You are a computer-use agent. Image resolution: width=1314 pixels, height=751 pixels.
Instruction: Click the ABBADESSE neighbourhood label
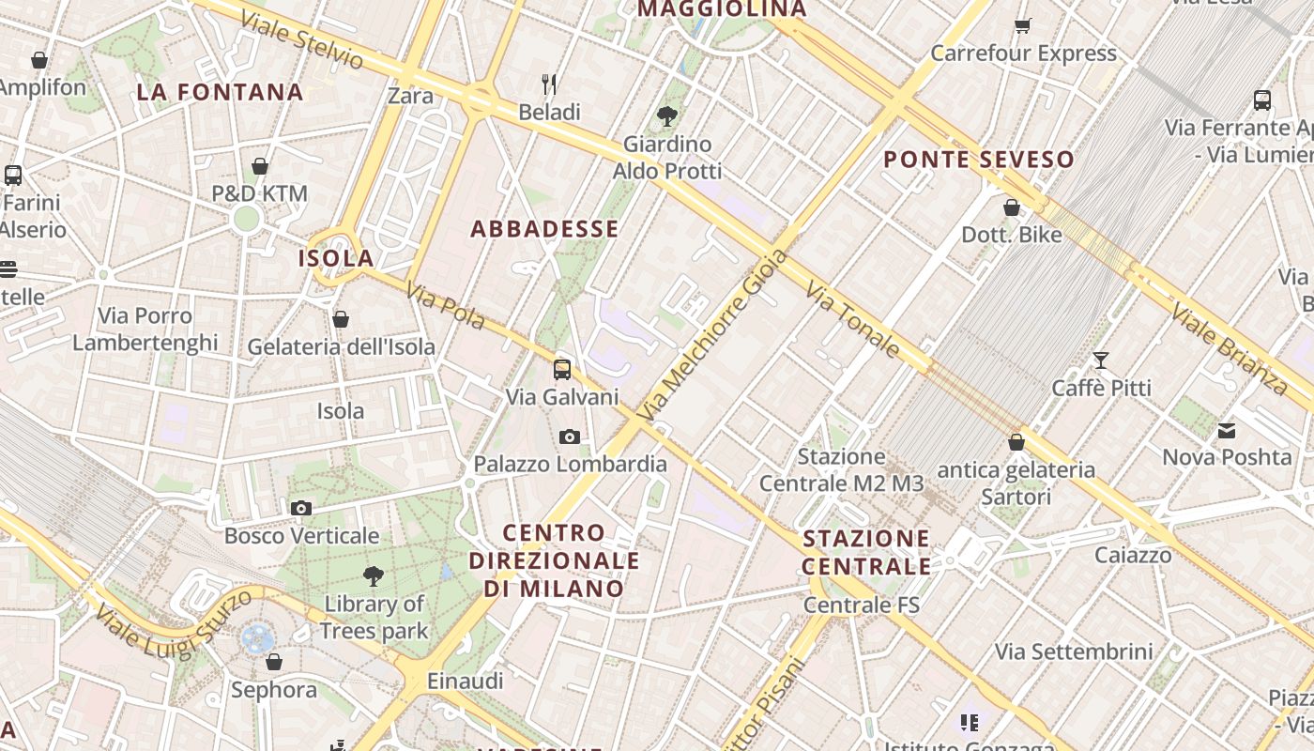tap(544, 229)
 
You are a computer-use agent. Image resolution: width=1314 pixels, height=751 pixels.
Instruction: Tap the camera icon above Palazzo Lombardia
tap(569, 437)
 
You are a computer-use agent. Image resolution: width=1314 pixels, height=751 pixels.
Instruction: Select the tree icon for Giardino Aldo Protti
tap(667, 116)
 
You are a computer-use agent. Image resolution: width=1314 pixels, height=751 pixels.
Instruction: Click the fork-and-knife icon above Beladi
tap(549, 84)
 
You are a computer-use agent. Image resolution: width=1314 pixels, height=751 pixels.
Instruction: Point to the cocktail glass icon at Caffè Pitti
tap(1101, 360)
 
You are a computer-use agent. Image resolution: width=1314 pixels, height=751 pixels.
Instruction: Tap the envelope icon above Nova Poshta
tap(1226, 431)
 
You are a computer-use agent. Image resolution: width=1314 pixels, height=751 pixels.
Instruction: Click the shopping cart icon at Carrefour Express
tap(1023, 25)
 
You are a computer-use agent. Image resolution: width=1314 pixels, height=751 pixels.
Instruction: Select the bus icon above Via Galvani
tap(561, 369)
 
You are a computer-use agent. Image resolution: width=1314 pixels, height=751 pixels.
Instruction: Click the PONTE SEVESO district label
tap(979, 160)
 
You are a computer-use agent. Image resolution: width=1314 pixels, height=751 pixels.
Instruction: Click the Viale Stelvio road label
tap(301, 39)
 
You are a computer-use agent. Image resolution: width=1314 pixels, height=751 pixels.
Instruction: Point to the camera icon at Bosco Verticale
tap(301, 508)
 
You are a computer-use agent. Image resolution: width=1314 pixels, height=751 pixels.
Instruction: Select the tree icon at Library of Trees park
tap(374, 575)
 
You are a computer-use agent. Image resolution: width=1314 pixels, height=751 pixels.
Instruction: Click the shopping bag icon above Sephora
tap(274, 662)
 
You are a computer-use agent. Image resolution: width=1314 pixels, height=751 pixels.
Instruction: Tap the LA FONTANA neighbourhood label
tap(220, 92)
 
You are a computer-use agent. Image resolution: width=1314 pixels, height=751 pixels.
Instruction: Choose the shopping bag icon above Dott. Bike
tap(1012, 207)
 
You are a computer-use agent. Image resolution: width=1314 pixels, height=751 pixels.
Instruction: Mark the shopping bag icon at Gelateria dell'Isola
tap(341, 319)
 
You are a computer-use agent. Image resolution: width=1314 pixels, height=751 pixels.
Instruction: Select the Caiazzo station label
tap(1133, 555)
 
